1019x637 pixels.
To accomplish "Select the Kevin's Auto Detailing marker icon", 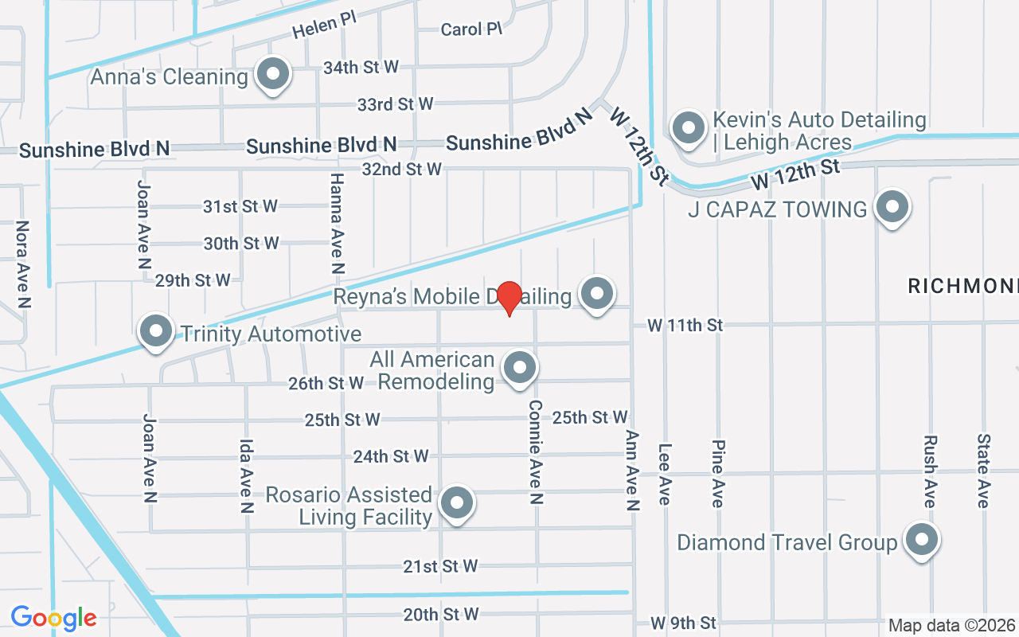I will point(687,128).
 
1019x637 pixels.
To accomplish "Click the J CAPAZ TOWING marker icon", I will point(892,208).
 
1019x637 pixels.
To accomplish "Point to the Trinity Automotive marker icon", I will point(156,331).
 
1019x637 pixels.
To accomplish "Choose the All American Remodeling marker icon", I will point(520,369).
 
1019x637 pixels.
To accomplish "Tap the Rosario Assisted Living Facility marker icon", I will point(457,503).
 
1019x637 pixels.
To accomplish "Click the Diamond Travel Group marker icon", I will point(922,540).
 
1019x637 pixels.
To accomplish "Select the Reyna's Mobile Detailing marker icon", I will point(596,295).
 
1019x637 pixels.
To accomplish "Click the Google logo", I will point(53,618).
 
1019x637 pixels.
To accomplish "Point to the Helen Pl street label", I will point(324,25).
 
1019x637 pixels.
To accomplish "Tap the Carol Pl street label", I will point(471,29).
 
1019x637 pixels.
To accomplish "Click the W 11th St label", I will point(685,325).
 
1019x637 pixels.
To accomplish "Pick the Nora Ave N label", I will point(23,264).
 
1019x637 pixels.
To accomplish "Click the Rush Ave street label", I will point(929,471).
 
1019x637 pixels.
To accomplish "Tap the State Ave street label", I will point(983,471).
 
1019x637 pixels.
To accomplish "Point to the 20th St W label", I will point(441,614).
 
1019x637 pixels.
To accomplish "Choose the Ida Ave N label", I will point(246,475).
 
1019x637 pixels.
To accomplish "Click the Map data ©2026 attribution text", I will point(952,625).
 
